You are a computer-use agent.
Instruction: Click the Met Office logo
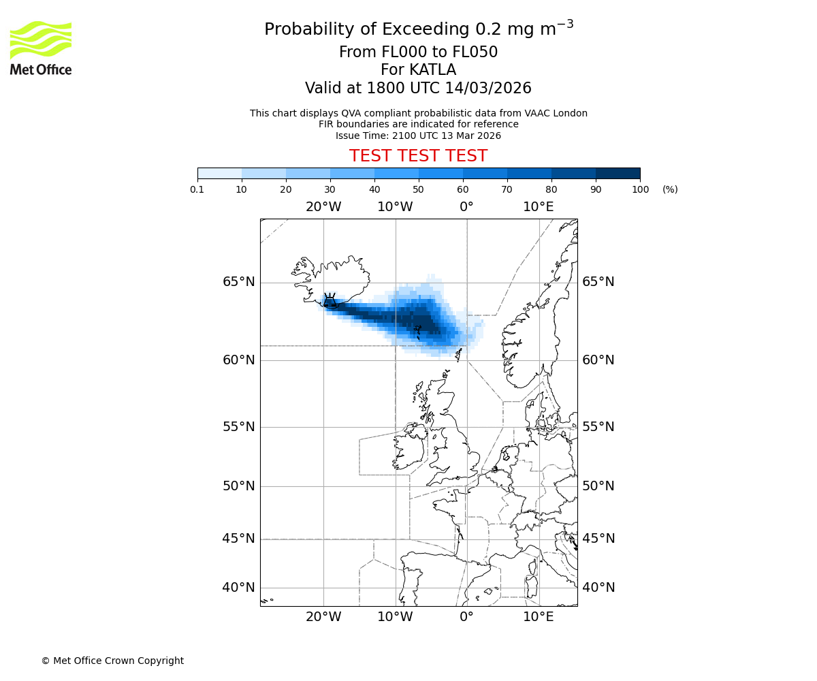41,48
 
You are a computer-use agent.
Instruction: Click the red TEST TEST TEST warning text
418,156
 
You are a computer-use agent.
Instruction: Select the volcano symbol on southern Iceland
330,300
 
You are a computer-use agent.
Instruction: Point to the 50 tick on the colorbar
419,189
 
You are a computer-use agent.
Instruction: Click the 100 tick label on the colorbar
640,189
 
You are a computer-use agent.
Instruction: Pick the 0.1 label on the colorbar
197,189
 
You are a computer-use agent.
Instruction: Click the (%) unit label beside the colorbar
670,189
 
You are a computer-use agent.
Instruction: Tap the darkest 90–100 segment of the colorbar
618,173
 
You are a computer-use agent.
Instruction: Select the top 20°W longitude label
323,206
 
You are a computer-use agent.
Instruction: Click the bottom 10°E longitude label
538,617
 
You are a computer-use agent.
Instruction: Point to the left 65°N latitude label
238,282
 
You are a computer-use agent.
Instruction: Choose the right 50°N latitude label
598,486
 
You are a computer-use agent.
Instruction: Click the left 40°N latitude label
238,587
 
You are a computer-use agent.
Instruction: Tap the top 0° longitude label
466,206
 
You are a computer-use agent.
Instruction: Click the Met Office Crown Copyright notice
112,661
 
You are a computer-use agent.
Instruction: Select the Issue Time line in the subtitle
418,136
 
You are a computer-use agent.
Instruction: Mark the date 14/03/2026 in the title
488,88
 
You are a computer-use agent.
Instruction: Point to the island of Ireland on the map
408,449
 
